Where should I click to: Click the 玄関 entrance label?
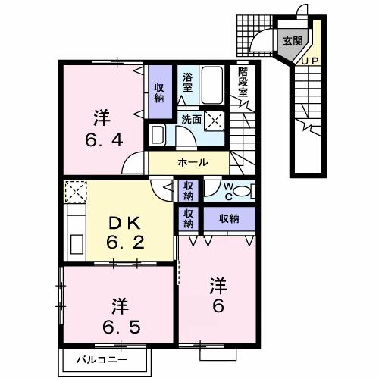point(293,40)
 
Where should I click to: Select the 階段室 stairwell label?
point(243,82)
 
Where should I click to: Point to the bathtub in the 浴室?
point(212,85)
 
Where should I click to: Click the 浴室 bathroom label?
point(187,83)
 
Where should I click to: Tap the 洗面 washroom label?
point(192,119)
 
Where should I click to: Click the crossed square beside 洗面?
point(215,121)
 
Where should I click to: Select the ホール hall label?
point(193,162)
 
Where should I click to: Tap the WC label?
point(229,192)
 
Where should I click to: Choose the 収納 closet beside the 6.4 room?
point(159,92)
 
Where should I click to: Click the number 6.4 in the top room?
point(104,141)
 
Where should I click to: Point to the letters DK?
point(124,224)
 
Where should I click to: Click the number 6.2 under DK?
point(125,243)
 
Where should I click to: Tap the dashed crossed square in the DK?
point(76,191)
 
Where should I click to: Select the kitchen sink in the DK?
point(77,244)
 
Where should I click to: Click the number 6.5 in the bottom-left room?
point(121,327)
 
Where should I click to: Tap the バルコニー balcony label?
point(102,359)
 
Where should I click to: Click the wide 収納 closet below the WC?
point(229,219)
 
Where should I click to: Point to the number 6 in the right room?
point(218,306)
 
